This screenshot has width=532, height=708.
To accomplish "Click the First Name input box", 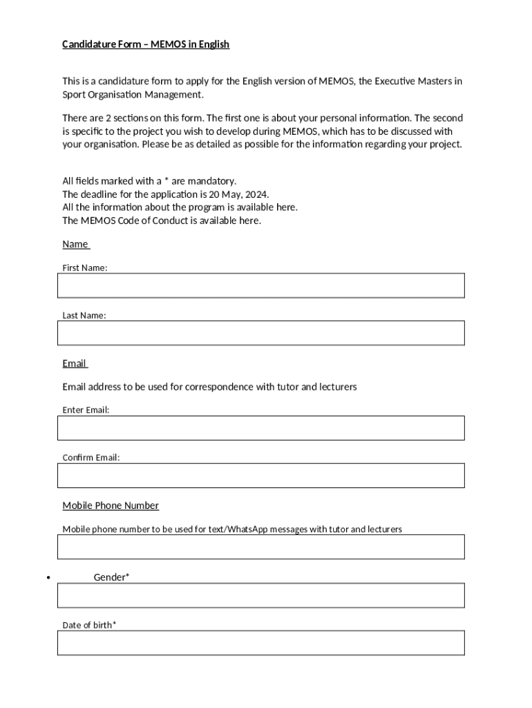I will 260,286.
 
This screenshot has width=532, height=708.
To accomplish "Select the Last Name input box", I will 260,333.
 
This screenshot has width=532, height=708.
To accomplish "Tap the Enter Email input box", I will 260,428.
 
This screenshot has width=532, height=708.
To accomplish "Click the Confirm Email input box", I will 260,476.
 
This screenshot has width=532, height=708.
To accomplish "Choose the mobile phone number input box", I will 260,547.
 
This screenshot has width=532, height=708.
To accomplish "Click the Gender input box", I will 260,595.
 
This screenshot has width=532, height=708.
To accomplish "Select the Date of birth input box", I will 260,643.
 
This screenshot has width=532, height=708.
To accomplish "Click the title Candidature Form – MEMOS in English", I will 146,44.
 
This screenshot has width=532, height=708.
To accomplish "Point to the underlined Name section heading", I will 75,244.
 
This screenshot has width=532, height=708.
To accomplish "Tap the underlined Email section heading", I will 74,364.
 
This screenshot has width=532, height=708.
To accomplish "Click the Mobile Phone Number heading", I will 111,505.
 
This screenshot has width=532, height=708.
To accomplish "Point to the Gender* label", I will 111,577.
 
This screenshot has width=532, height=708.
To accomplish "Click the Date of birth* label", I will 89,625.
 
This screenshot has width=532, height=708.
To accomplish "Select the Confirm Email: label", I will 91,458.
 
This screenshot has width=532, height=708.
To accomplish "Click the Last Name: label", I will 84,315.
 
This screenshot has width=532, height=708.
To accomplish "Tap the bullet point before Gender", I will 48,578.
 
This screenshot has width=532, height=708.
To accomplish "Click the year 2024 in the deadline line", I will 256,194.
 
